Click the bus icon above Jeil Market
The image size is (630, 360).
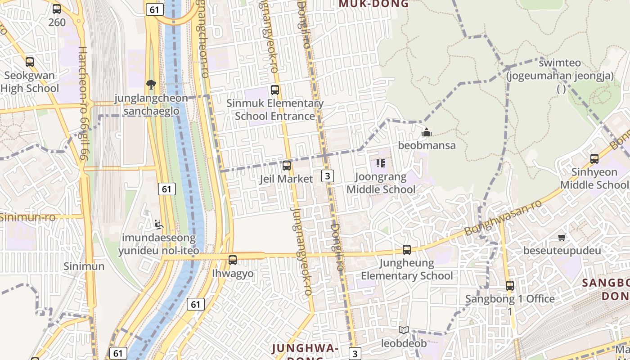click(286, 166)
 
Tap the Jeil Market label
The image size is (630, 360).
click(286, 179)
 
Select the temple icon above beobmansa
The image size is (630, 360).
click(427, 132)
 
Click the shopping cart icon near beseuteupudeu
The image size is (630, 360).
click(562, 237)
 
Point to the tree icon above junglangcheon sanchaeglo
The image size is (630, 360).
click(151, 84)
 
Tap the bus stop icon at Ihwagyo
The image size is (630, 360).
click(233, 260)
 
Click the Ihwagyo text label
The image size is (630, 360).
click(233, 273)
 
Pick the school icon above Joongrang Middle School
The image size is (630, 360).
click(381, 163)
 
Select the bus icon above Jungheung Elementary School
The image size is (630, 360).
click(407, 249)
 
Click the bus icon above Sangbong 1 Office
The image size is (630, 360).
click(510, 285)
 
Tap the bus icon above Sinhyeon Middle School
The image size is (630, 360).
click(594, 158)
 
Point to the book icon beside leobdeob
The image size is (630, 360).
click(404, 330)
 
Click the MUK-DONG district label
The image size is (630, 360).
click(373, 4)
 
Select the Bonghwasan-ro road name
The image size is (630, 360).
click(503, 218)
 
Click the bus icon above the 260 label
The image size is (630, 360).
click(57, 9)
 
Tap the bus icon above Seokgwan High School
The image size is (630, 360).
click(30, 62)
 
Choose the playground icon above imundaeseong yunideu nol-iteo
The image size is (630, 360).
click(157, 224)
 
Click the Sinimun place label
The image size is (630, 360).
click(84, 266)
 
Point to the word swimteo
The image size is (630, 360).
click(560, 63)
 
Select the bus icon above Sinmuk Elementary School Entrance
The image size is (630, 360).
click(275, 90)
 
